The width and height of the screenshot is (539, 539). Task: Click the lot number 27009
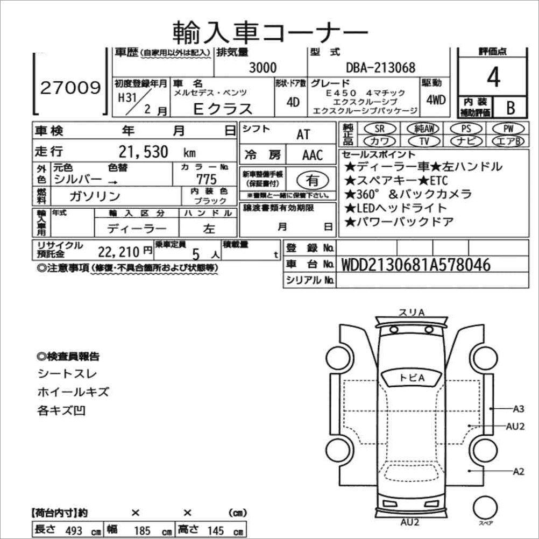70,88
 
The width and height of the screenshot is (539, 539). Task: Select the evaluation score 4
493,77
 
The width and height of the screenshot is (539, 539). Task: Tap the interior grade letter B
509,107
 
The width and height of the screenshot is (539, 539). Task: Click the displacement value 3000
263,67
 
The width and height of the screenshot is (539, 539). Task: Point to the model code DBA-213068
380,67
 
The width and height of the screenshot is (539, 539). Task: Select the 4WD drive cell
435,100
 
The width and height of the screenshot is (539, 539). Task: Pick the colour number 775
207,179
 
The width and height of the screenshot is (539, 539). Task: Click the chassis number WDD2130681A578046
415,265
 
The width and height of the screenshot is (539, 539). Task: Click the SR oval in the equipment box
380,129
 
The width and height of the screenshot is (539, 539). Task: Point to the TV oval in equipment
423,141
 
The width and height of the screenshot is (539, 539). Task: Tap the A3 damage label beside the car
519,408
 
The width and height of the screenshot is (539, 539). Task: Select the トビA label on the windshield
412,378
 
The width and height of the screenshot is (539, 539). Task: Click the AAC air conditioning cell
312,155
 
